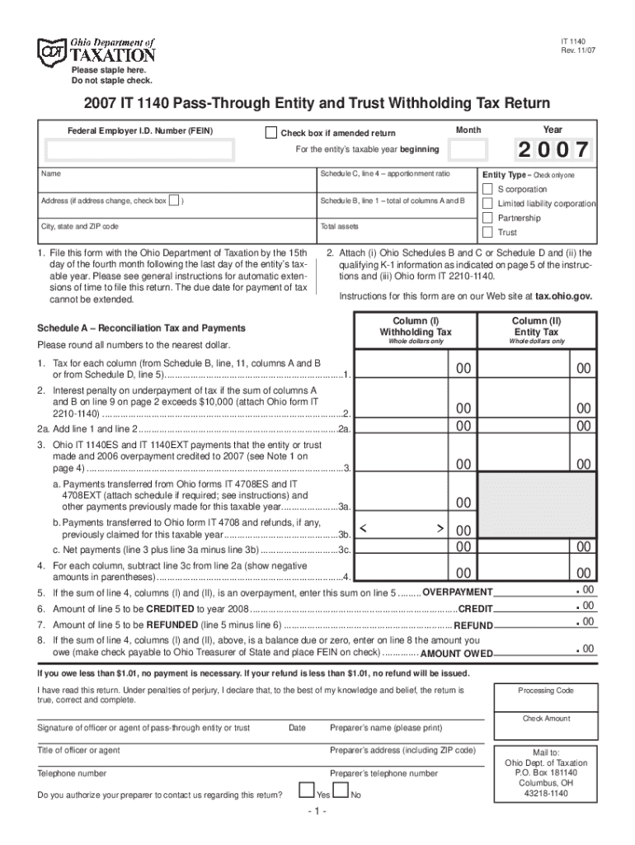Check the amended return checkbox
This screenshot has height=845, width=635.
[x=270, y=133]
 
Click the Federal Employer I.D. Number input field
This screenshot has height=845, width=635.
[x=139, y=150]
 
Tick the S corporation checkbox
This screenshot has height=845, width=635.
[x=487, y=189]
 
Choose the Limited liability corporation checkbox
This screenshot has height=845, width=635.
[x=487, y=204]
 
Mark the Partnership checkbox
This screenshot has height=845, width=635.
[x=487, y=218]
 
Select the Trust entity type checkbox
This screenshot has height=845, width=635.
[x=487, y=233]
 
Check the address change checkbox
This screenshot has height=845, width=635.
[x=173, y=201]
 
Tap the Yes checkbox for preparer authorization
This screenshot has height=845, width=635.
[x=306, y=790]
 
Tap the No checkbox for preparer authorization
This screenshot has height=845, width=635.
[x=341, y=790]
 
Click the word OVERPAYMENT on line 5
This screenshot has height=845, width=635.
[x=457, y=593]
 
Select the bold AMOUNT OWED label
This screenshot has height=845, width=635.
[x=456, y=654]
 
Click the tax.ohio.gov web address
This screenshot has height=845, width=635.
[x=563, y=297]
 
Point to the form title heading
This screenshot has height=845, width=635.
[x=316, y=104]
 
